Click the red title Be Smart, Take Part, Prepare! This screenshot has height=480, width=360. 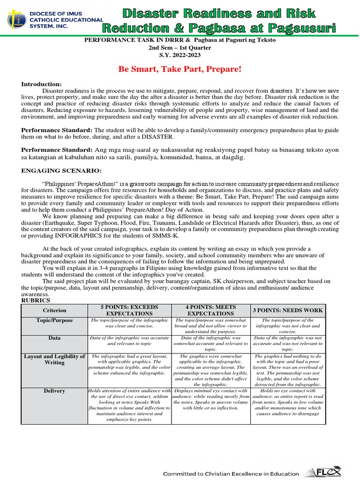point(180,69)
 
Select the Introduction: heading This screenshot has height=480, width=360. point(41,84)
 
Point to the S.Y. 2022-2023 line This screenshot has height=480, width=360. point(180,55)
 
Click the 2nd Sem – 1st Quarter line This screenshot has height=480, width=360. point(180,48)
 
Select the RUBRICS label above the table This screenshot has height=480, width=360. point(36,300)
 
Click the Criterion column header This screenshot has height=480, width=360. point(54,310)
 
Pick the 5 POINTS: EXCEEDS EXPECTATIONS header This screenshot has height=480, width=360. point(129,310)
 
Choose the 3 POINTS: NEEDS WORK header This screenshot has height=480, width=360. point(288,310)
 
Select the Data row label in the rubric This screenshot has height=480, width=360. point(54,337)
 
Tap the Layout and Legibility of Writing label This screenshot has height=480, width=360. point(54,360)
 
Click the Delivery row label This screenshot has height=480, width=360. point(54,390)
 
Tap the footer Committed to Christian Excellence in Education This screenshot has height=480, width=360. point(231,473)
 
